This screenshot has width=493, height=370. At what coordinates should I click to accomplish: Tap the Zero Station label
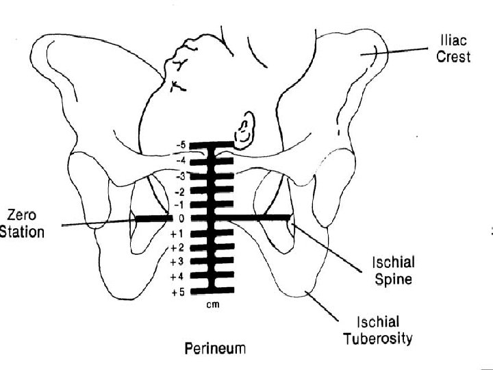point(23,224)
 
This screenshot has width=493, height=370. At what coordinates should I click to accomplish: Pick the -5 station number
point(181,145)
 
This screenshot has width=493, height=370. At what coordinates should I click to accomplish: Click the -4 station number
point(181,160)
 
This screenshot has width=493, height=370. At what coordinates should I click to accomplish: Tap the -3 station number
point(181,175)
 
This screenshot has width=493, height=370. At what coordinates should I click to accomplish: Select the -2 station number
point(181,190)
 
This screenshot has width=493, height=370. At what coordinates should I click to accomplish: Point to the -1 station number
point(181,204)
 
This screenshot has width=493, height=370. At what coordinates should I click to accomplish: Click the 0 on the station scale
point(183,219)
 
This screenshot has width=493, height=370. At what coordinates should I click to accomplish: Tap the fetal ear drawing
point(243,130)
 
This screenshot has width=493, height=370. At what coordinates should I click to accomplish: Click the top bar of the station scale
point(212,145)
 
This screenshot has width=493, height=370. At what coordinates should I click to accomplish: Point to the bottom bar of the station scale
point(212,291)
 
